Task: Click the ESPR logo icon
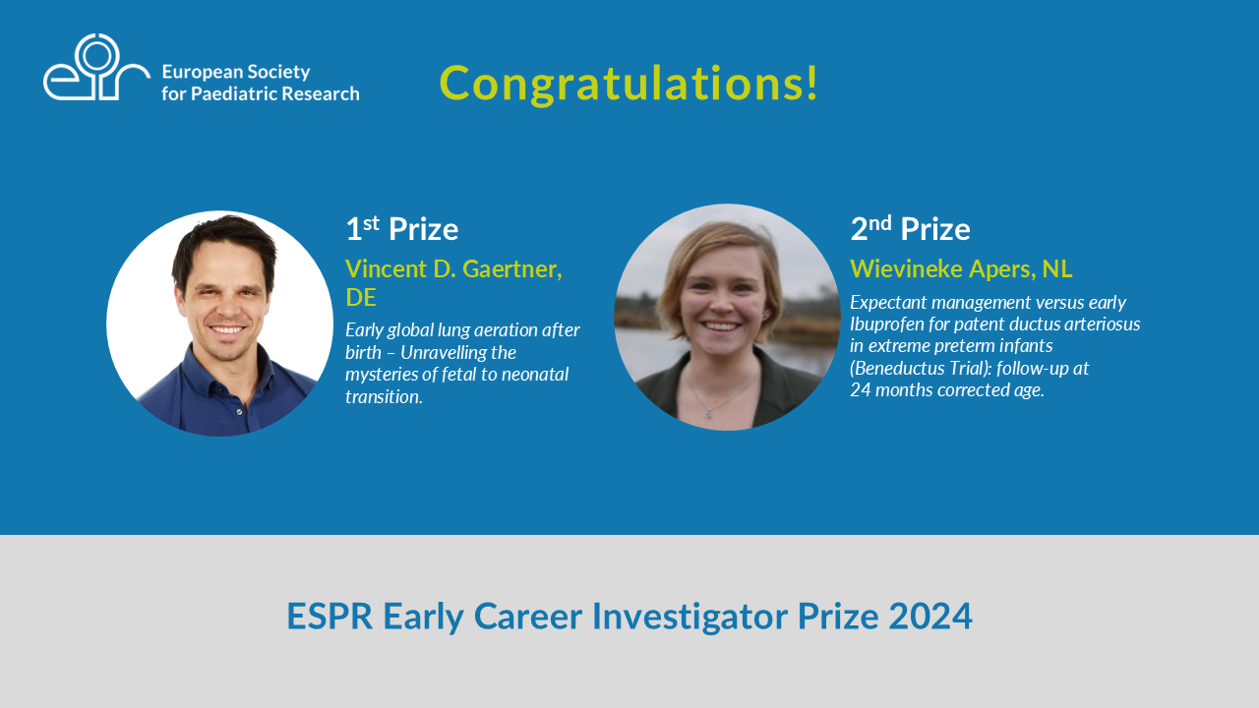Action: [96, 68]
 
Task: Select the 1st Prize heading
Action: [402, 228]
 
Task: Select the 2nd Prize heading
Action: [910, 228]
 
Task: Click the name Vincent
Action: [387, 268]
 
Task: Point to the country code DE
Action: [361, 297]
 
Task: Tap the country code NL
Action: [1056, 268]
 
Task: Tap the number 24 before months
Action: [861, 390]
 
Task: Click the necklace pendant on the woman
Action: [709, 415]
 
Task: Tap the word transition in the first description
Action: [384, 396]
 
